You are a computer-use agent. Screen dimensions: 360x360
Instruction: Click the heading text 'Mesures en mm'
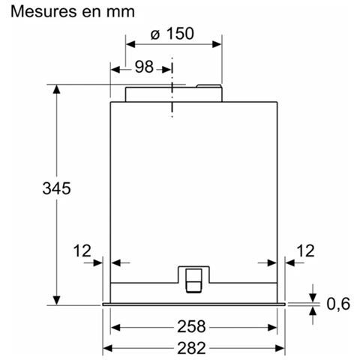[x=73, y=11]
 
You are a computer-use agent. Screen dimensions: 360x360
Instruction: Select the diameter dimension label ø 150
[x=172, y=34]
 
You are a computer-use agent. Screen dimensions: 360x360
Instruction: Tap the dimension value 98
[x=144, y=67]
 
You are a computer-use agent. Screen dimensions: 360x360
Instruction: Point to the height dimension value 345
[x=56, y=188]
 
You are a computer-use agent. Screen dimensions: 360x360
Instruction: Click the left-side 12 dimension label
[x=82, y=250]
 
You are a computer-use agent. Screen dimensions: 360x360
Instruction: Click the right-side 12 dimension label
[x=305, y=250]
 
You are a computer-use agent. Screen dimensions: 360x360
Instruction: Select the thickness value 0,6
[x=338, y=304]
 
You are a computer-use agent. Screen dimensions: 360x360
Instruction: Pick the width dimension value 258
[x=191, y=326]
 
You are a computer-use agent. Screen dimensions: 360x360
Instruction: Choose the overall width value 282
[x=191, y=348]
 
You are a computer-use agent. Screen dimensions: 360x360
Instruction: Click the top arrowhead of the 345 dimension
[x=57, y=89]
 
